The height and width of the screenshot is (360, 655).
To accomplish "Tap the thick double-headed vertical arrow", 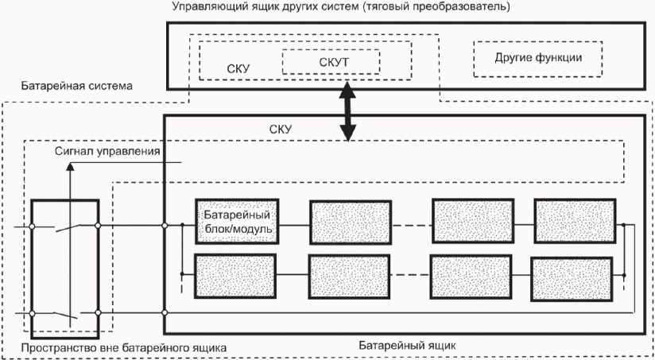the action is click(347, 111).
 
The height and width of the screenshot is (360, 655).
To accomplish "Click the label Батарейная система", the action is click(77, 86).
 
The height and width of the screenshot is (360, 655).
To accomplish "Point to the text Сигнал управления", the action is click(107, 151).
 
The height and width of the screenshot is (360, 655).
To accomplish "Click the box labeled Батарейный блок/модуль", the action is click(237, 222).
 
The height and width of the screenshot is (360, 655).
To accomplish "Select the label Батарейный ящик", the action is click(407, 346).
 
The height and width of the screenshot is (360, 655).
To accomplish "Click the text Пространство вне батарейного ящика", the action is click(124, 347).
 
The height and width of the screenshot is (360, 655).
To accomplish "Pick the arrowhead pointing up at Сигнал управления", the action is click(70, 166).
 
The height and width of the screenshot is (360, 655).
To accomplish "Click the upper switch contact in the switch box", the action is click(68, 226).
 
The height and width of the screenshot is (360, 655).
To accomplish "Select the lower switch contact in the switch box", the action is click(66, 315).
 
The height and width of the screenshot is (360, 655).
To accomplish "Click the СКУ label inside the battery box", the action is click(281, 129).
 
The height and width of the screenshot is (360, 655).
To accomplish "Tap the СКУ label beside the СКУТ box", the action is click(238, 69).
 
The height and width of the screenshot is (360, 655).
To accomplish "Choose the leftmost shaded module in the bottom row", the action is click(235, 276).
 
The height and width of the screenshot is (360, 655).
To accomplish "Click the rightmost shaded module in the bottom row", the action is click(572, 279).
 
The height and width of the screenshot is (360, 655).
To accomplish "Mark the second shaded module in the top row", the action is click(351, 223).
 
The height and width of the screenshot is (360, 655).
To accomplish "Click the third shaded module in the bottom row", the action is click(471, 277).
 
